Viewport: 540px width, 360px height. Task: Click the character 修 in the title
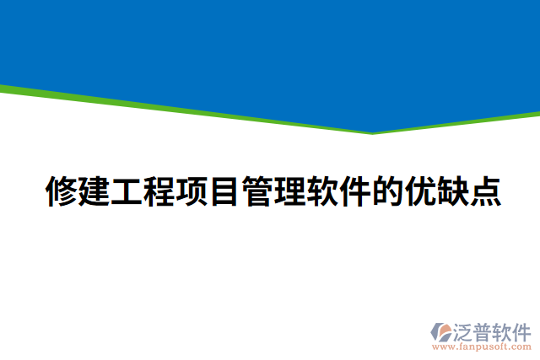coord(60,192)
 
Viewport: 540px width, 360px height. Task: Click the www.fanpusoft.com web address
coord(482,346)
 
